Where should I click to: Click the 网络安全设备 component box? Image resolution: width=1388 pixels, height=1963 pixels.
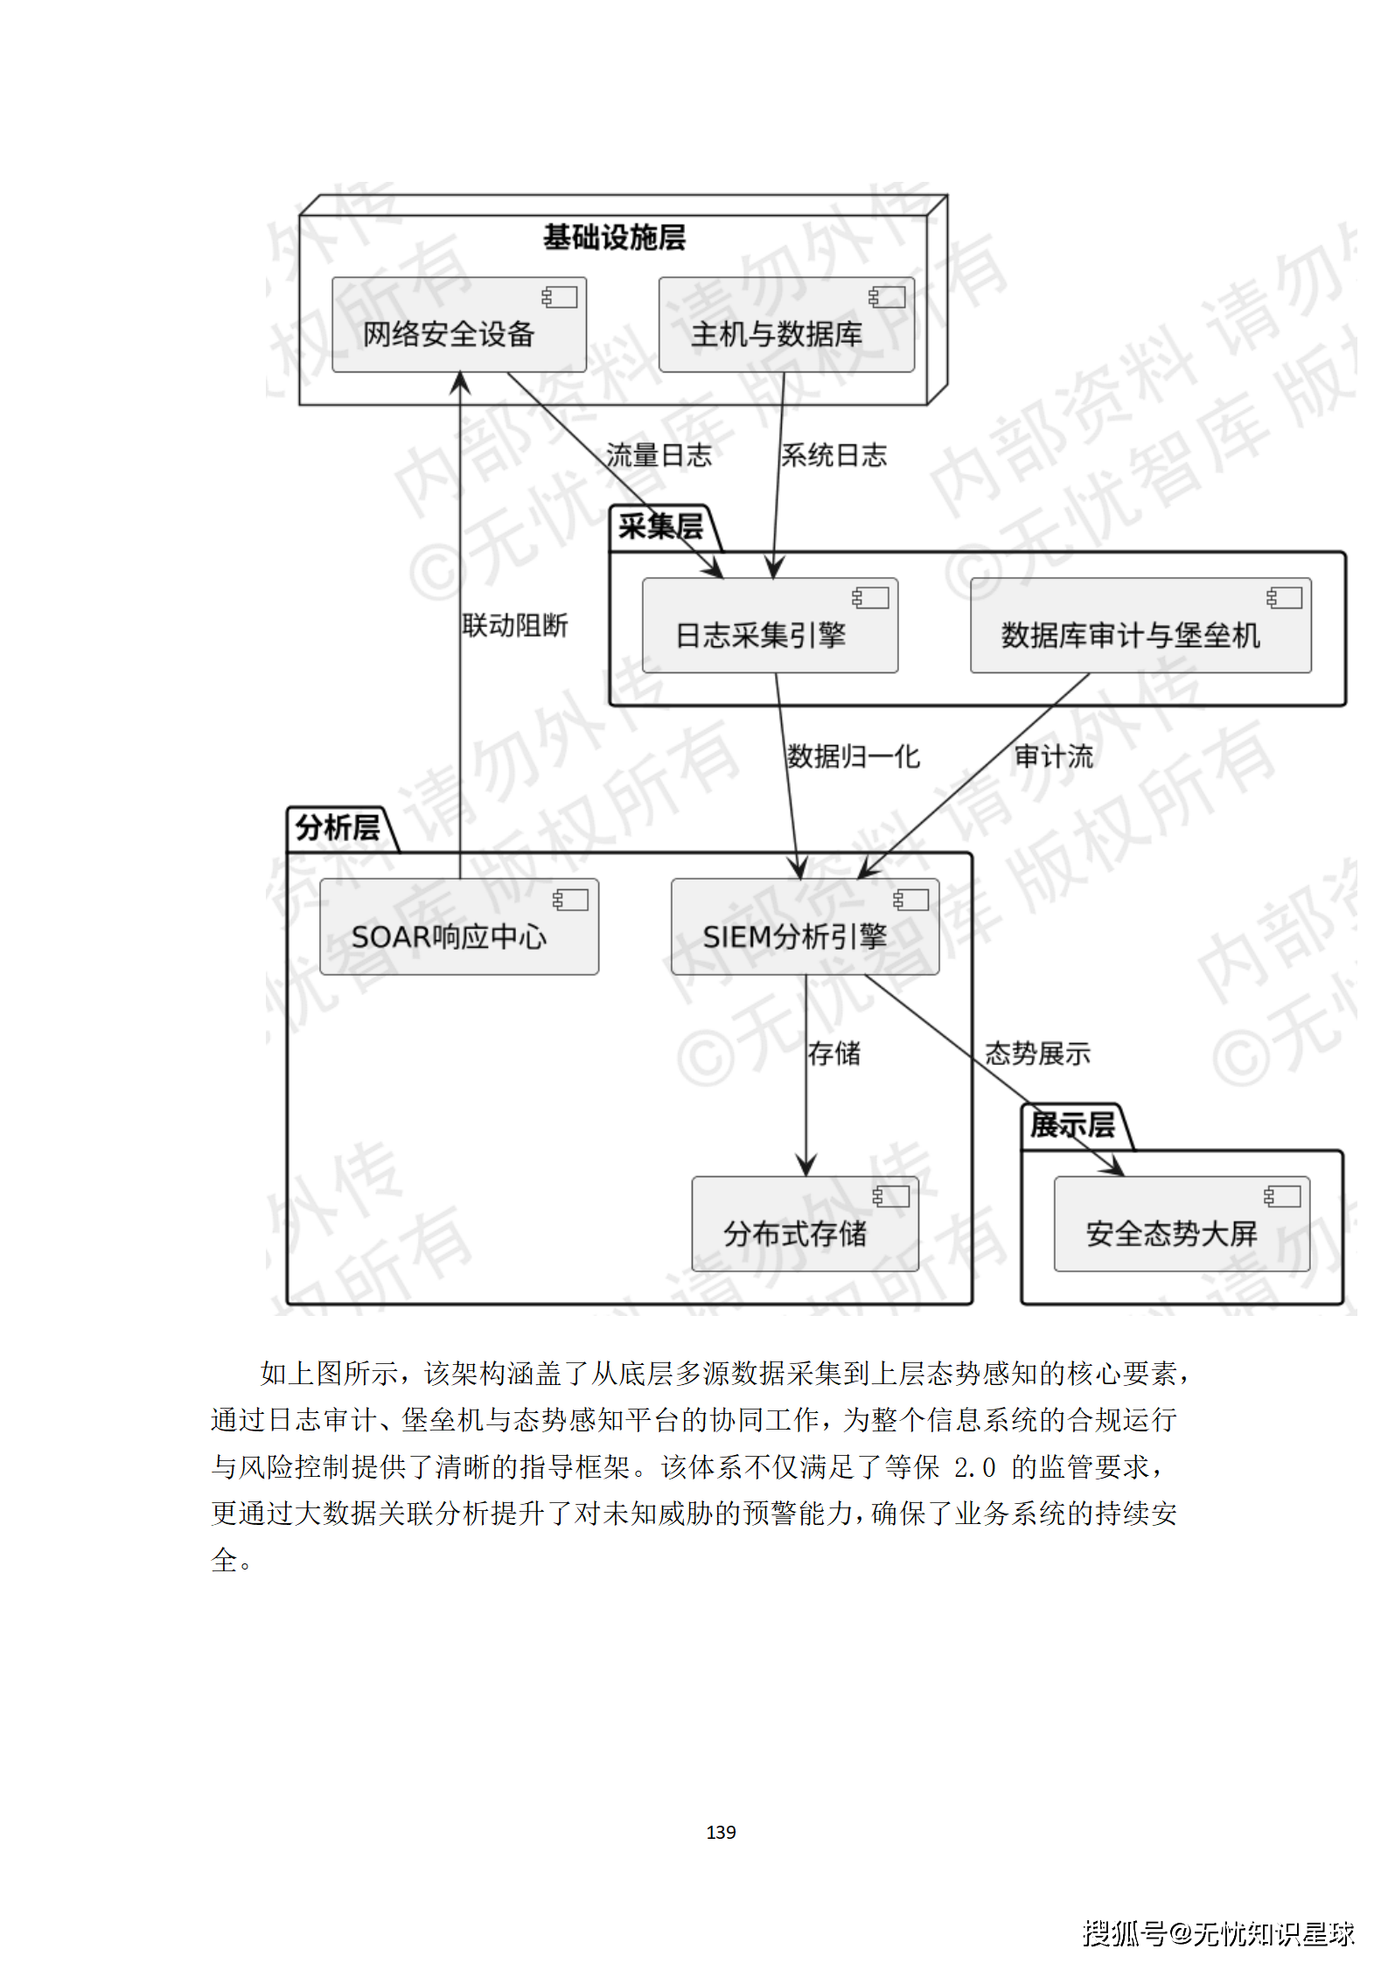(x=458, y=325)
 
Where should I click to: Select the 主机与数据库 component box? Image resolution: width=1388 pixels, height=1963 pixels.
(x=785, y=325)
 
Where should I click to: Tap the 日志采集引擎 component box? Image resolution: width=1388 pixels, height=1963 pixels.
(x=770, y=626)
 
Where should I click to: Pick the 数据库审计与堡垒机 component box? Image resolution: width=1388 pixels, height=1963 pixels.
(x=1140, y=626)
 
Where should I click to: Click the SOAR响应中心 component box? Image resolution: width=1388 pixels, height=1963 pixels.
(x=458, y=928)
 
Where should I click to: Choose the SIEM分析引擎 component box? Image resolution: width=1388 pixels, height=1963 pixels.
(x=805, y=928)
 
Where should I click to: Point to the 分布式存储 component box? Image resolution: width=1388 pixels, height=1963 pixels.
(x=805, y=1224)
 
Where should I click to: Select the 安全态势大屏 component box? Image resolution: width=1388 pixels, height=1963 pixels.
(x=1181, y=1224)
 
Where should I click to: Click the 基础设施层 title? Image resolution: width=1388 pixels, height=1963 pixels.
(x=614, y=238)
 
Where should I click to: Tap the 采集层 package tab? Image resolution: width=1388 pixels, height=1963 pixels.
(x=661, y=527)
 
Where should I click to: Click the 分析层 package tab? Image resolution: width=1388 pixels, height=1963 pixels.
(x=338, y=828)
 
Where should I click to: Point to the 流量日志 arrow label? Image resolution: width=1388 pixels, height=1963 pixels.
(x=659, y=456)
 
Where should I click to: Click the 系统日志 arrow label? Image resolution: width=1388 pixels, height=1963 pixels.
(x=833, y=456)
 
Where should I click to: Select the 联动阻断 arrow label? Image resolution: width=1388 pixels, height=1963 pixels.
(x=515, y=626)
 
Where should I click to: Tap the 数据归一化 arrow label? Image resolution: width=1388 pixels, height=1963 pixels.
(x=853, y=756)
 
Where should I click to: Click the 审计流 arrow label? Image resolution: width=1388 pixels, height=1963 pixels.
(x=1053, y=756)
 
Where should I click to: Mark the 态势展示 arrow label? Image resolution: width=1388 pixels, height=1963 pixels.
(x=1037, y=1054)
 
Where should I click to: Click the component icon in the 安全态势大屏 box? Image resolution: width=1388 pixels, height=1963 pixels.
(x=1282, y=1196)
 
